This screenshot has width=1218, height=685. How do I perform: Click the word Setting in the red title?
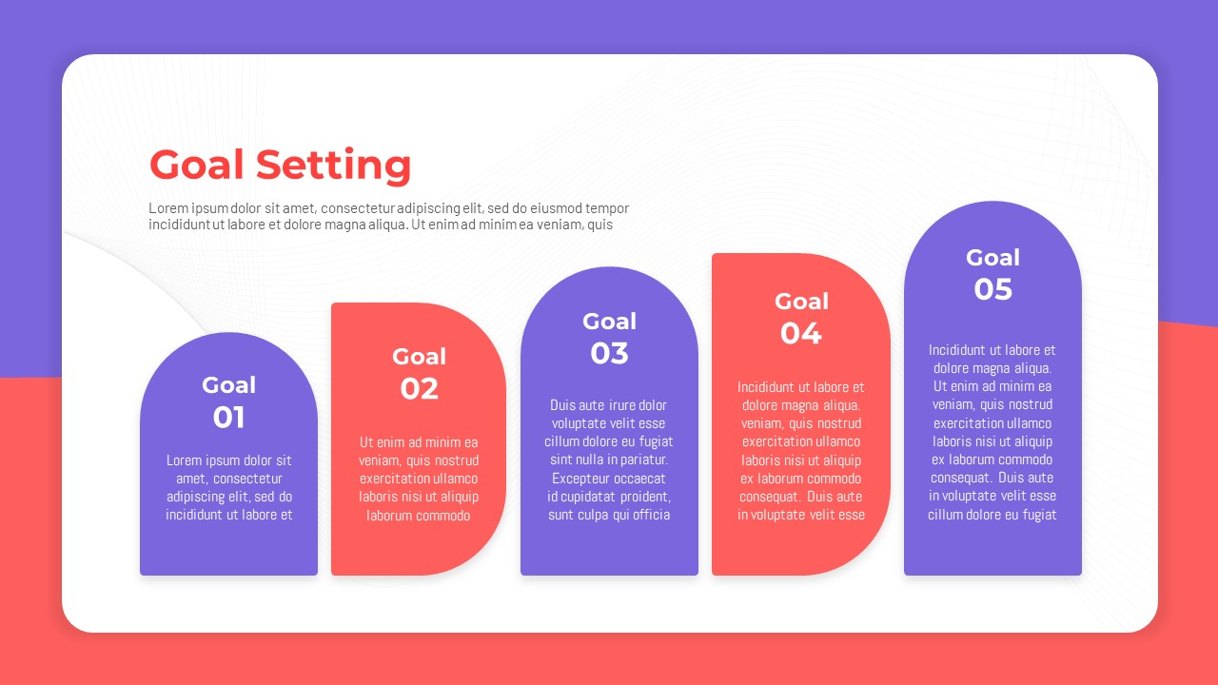point(333,166)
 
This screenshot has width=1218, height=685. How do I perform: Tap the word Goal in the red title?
point(196,165)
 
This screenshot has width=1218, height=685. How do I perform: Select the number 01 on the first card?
point(228,418)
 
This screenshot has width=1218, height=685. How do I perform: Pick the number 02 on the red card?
point(419,389)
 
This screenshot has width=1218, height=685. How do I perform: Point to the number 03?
point(609,353)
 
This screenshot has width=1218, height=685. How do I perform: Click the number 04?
point(800,333)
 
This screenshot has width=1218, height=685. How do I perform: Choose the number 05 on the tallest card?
point(992,289)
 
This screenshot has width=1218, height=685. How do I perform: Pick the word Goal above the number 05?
point(992,258)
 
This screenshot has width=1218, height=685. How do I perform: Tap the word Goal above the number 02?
point(420,357)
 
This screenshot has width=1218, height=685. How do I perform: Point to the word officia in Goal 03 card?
point(651,515)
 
